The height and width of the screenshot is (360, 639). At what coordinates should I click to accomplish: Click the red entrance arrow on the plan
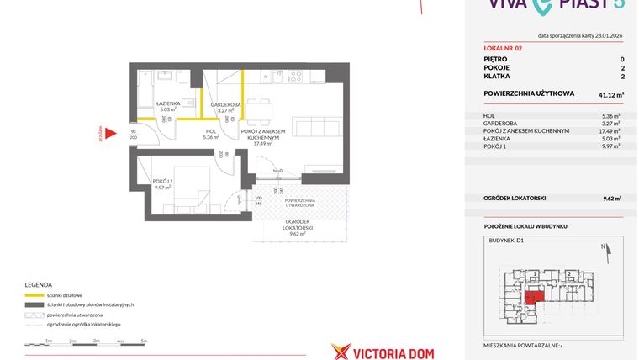[109, 133]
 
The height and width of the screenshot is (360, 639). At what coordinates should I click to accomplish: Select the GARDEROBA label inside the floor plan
[225, 106]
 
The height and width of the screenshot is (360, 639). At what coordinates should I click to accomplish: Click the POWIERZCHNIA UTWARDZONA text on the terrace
[299, 202]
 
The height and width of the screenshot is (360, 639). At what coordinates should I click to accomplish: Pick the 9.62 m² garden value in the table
[611, 198]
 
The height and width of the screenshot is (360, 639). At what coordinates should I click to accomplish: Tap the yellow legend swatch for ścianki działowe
[34, 295]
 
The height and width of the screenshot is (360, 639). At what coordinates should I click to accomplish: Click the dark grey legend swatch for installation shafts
[34, 304]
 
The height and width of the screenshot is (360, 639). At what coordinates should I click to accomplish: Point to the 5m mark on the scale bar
[144, 340]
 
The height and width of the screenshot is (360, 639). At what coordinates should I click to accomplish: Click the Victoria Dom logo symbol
[341, 352]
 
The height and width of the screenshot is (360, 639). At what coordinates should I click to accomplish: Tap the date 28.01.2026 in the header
[603, 36]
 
